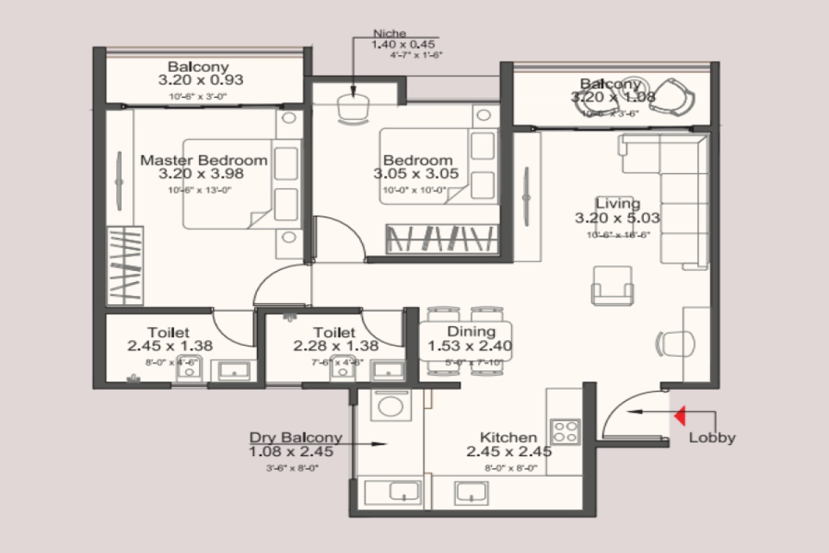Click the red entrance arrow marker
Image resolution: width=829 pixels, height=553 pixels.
click(x=680, y=415)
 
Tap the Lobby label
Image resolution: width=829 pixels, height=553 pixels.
click(x=712, y=438)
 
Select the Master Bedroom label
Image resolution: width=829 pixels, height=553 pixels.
click(x=204, y=160)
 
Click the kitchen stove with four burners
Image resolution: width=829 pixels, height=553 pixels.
click(x=564, y=432)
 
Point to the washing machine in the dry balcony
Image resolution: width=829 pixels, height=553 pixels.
click(x=391, y=404)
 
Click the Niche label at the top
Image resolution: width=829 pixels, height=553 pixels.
click(x=390, y=33)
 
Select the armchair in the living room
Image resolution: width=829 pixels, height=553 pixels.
click(x=612, y=285)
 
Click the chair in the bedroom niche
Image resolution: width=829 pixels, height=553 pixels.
click(x=354, y=109)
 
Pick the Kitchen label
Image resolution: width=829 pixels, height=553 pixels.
click(x=508, y=438)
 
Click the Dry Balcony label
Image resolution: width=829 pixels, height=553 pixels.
click(x=296, y=438)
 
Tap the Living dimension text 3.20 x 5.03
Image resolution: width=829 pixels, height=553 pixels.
click(x=617, y=218)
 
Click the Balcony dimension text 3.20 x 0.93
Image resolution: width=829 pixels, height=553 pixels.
click(x=200, y=80)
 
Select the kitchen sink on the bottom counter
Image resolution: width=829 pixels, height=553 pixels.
click(x=471, y=492)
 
